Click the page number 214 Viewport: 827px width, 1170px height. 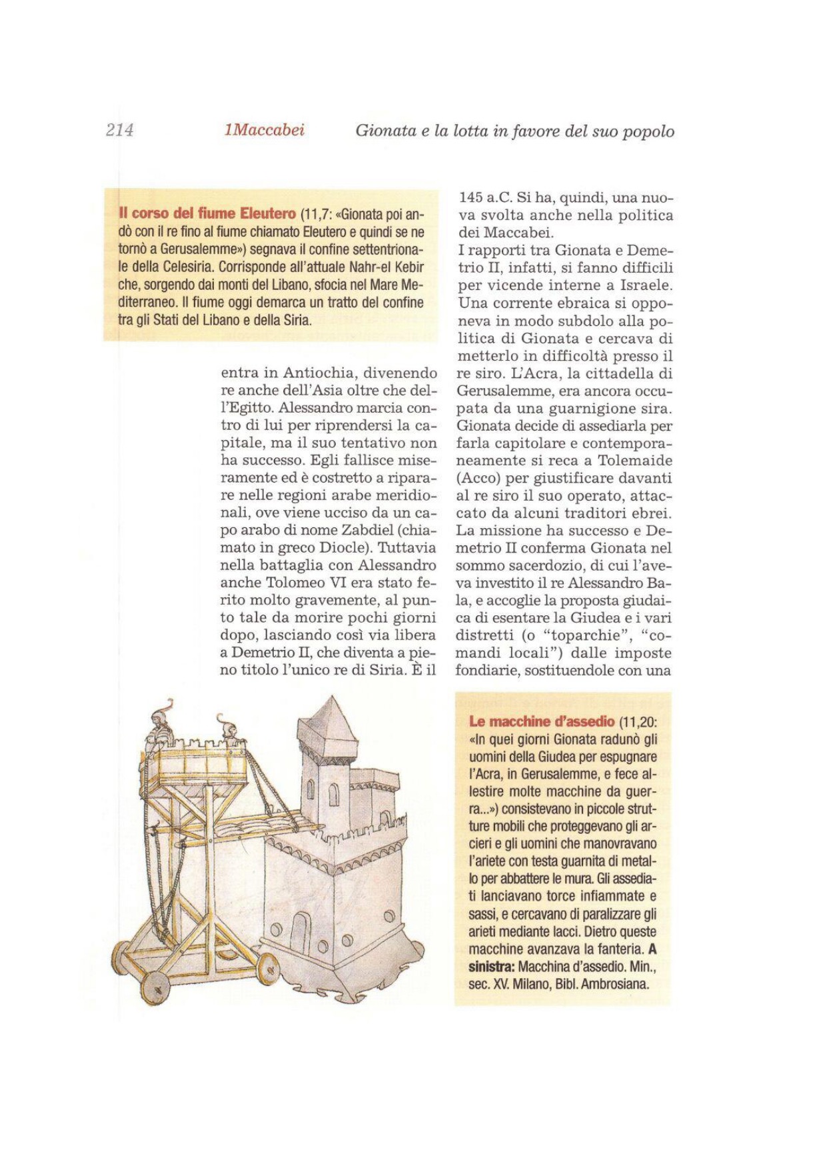pyautogui.click(x=120, y=130)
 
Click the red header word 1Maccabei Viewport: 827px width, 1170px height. pyautogui.click(x=265, y=130)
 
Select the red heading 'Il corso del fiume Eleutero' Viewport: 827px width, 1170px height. pyautogui.click(x=207, y=214)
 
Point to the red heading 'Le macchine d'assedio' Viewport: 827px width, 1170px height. pyautogui.click(x=542, y=721)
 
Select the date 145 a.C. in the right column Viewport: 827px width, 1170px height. pyautogui.click(x=484, y=198)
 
